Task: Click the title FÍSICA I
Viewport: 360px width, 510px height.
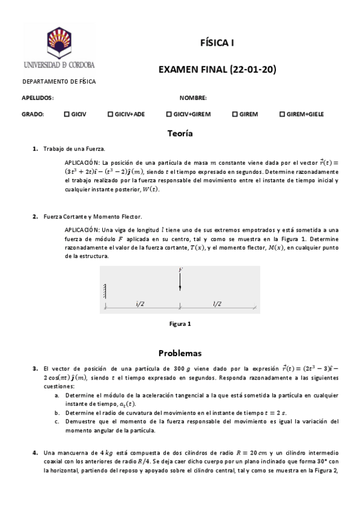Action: pos(217,43)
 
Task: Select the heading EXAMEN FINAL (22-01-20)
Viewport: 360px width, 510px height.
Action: pos(217,70)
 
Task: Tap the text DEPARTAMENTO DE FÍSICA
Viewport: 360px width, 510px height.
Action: pos(59,81)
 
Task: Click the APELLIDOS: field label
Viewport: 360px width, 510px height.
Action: pos(38,97)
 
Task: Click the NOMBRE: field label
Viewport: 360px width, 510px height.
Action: pos(193,97)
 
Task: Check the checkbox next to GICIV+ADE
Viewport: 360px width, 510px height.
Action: pos(110,114)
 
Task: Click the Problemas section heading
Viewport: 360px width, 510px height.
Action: pos(180,352)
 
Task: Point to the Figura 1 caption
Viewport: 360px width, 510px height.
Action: pos(180,324)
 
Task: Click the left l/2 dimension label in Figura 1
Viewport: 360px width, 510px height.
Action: pos(140,304)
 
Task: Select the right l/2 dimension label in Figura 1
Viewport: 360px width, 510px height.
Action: pos(218,304)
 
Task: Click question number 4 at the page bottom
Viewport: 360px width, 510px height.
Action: pos(35,452)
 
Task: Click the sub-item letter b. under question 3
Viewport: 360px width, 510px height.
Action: pos(56,413)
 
